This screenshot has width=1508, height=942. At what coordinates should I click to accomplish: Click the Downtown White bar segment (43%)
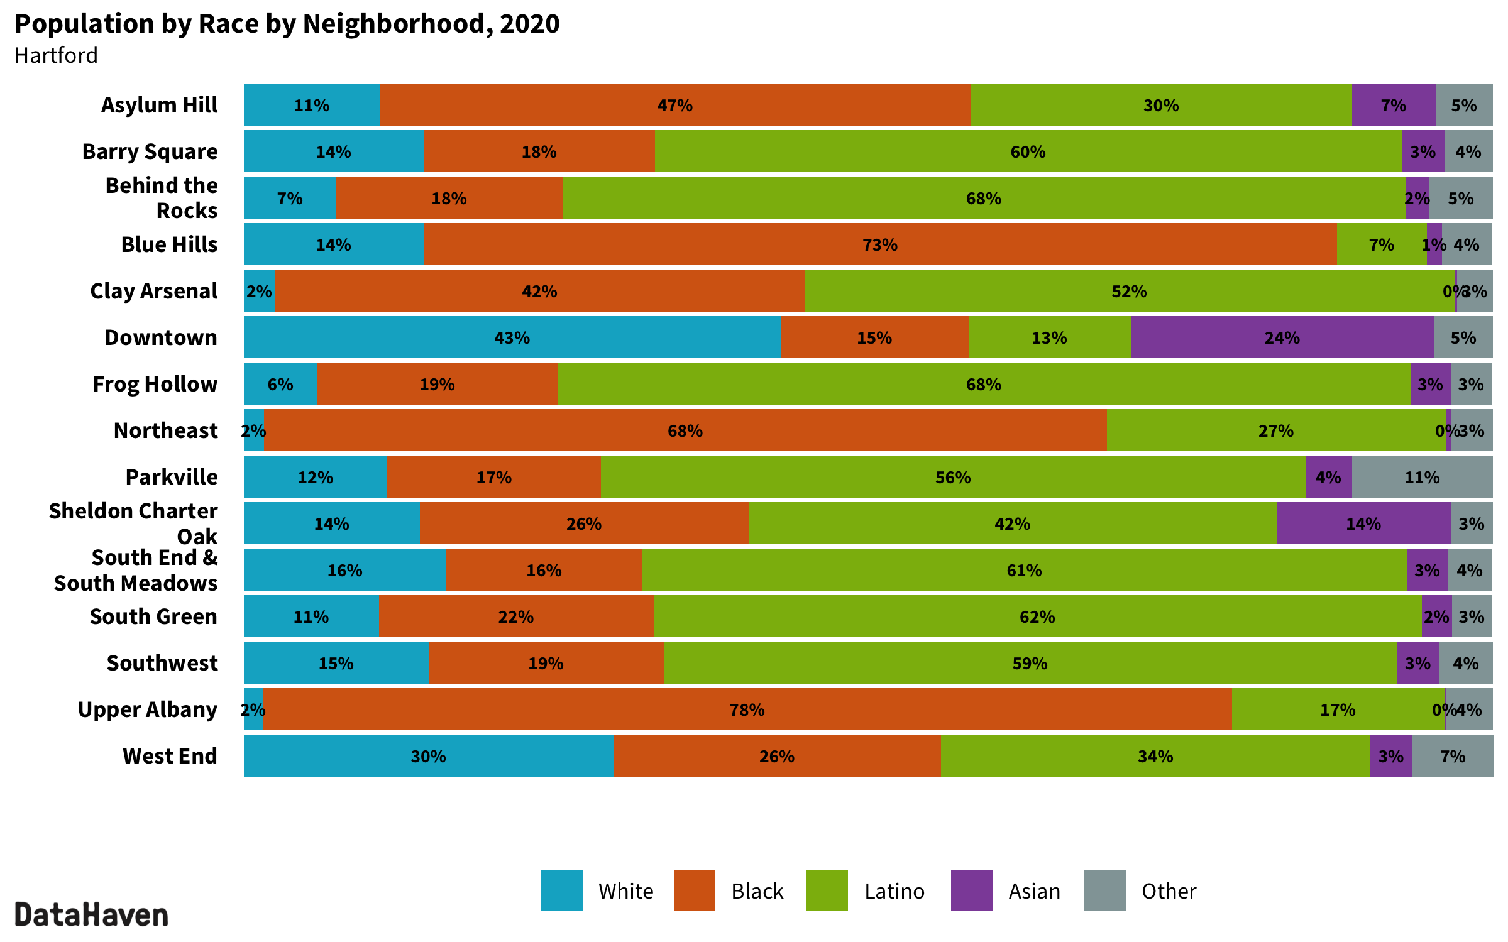coord(512,337)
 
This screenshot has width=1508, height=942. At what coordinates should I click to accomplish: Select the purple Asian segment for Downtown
coord(1282,337)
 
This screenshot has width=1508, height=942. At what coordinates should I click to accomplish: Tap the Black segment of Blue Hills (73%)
coord(879,244)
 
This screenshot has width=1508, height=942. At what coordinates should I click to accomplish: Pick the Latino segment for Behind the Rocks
coord(983,198)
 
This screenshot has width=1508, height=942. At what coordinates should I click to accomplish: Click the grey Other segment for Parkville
coord(1422,477)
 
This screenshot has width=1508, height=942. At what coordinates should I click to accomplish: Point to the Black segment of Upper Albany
coord(747,709)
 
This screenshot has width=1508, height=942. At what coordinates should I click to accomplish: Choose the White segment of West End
coord(428,756)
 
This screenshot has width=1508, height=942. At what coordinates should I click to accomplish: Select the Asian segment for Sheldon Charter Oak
coord(1363,523)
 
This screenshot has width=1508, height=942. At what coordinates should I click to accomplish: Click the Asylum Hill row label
coord(160,105)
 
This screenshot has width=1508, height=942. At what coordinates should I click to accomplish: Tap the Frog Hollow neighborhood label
coord(155,384)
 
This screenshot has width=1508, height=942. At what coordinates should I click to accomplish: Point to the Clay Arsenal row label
coord(154,291)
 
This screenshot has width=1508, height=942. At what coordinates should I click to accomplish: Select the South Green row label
coord(153,616)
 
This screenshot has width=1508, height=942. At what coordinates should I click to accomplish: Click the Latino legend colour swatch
coord(827,890)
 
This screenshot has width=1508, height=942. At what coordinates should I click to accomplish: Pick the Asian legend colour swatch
coord(972,890)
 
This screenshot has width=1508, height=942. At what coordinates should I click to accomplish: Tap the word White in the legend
coord(625,891)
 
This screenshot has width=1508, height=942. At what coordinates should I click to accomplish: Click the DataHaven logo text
coord(92,915)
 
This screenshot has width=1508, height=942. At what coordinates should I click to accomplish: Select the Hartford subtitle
coord(56,55)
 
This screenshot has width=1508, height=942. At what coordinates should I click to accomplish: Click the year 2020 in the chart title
coord(529,24)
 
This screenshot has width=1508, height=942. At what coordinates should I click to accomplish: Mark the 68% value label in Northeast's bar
coord(685,430)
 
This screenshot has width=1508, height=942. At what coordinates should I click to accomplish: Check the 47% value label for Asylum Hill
coord(674,105)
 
